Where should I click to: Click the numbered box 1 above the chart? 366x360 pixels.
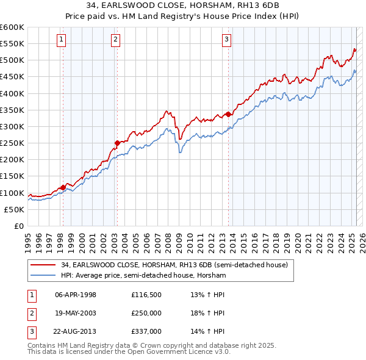click(x=62, y=40)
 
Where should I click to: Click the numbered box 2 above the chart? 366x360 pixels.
click(x=116, y=40)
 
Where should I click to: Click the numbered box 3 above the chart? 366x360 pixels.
click(x=226, y=40)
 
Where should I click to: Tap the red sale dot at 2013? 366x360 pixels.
click(x=228, y=114)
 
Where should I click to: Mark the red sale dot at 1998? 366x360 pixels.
click(x=63, y=187)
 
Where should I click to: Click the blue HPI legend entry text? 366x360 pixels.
click(x=143, y=275)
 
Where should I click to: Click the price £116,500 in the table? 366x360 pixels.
click(x=146, y=295)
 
